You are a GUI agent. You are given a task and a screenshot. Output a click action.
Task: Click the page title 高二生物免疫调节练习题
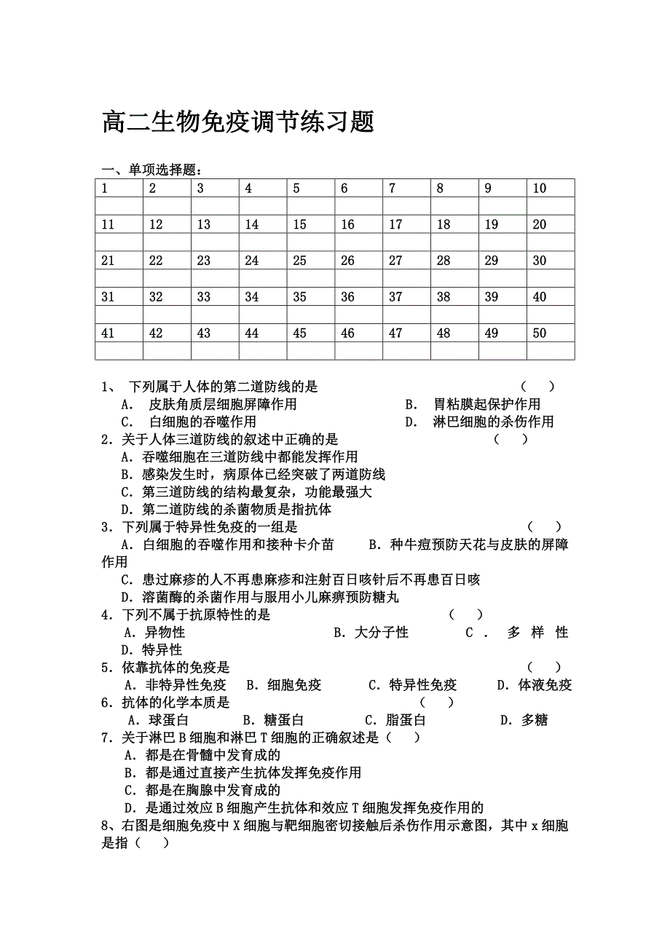238,122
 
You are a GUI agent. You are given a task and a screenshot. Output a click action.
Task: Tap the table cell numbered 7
406,189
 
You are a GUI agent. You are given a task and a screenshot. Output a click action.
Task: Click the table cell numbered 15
311,225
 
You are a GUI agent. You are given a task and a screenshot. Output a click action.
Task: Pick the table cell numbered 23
215,261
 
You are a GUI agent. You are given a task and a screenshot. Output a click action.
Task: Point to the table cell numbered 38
454,297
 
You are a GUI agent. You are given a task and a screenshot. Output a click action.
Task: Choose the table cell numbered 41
119,333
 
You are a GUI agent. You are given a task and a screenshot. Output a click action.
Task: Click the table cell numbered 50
551,333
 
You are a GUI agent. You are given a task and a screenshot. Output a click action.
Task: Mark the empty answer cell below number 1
119,206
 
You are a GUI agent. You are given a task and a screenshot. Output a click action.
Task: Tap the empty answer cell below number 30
551,279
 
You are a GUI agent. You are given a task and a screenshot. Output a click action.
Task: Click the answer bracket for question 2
511,439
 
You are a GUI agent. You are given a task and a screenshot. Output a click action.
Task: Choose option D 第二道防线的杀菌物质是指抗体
226,510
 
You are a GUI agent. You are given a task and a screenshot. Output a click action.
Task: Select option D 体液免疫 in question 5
535,685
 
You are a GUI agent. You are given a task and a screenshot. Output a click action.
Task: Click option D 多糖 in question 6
524,721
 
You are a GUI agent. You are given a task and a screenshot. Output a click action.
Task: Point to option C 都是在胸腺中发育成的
202,790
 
